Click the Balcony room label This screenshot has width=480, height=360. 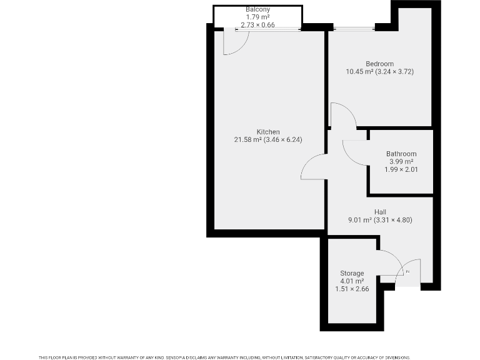(x=257, y=9)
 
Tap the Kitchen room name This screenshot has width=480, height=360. (x=268, y=132)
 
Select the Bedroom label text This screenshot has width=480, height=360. (x=379, y=64)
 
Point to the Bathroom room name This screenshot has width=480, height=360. (x=401, y=154)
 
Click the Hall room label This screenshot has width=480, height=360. (x=380, y=212)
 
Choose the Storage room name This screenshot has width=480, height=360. (x=352, y=273)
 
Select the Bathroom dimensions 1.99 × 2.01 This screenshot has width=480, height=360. (x=401, y=169)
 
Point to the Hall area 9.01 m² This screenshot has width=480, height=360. (x=360, y=220)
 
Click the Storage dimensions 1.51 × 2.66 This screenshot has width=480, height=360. (x=352, y=289)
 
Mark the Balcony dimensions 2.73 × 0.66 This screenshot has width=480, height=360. (x=257, y=25)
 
